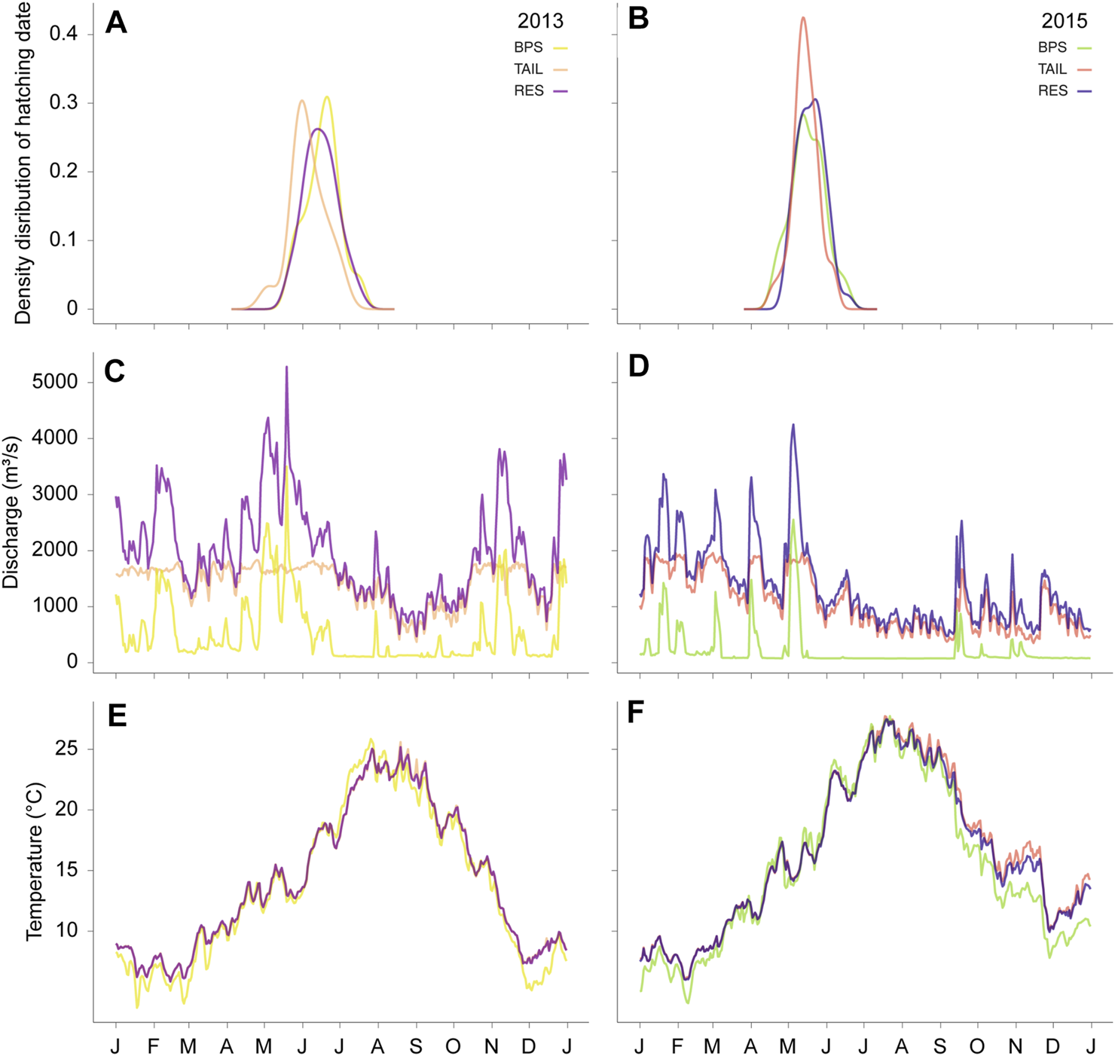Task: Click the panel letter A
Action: [x=116, y=22]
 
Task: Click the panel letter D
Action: [x=639, y=367]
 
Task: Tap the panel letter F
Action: [x=637, y=712]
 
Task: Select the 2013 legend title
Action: [x=540, y=21]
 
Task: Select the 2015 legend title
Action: [x=1064, y=21]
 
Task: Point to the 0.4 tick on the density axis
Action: [x=63, y=34]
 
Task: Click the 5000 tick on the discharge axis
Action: [x=55, y=382]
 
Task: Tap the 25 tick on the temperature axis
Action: [x=66, y=749]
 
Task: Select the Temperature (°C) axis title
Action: [x=35, y=861]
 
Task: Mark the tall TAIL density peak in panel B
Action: [x=803, y=18]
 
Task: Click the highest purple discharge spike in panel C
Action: [x=286, y=368]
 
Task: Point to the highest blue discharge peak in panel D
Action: [x=793, y=425]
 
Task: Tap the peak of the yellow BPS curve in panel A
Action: [x=326, y=97]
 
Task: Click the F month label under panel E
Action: [x=154, y=1046]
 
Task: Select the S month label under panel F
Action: [x=939, y=1046]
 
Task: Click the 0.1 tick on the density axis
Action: [x=63, y=240]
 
